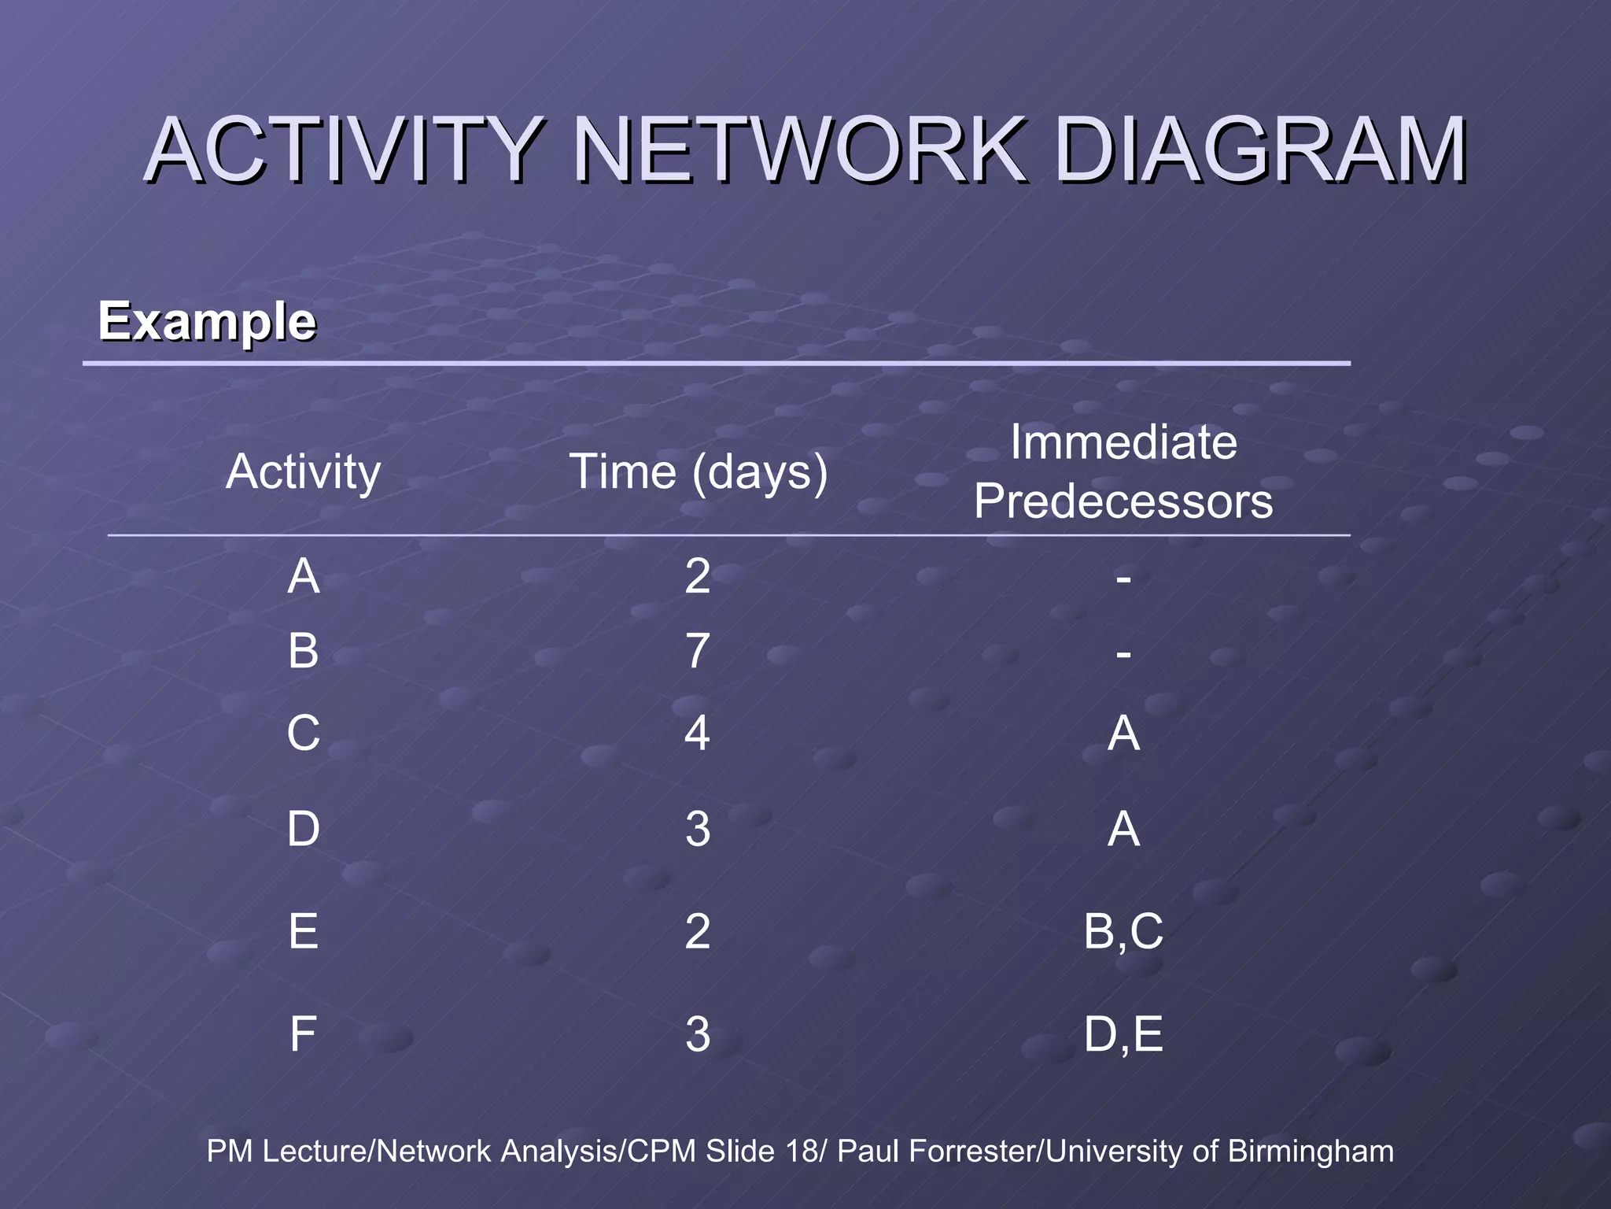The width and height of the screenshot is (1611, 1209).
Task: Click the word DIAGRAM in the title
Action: pos(1259,150)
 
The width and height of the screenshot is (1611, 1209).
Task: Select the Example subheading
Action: pos(207,322)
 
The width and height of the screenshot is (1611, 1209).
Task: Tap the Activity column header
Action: pos(304,472)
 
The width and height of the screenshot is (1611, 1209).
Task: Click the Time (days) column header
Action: pos(699,472)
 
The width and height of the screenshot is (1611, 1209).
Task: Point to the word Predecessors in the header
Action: pos(1123,501)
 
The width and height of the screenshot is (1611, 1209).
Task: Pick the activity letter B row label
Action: pos(304,652)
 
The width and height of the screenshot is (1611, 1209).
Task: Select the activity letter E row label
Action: pos(304,931)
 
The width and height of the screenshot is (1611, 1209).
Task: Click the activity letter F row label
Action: pos(304,1033)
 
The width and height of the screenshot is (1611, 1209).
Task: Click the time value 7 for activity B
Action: pos(698,652)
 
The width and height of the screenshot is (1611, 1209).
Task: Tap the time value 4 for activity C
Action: pos(698,733)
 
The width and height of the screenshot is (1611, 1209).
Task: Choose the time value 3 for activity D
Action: pos(698,829)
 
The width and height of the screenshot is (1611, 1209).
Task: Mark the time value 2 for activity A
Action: pos(698,576)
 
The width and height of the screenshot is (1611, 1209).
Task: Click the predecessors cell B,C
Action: pos(1123,931)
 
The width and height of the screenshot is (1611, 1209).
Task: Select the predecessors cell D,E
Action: pos(1123,1033)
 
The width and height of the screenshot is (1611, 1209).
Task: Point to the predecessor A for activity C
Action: pos(1123,733)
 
